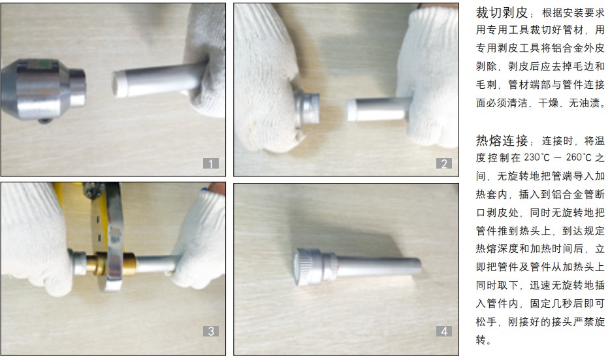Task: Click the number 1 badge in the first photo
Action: point(211,163)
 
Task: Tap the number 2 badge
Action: point(444,163)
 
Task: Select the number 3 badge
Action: point(211,331)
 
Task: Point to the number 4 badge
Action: point(444,331)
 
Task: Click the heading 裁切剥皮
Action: point(502,13)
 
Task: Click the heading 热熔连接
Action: point(502,140)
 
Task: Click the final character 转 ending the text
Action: point(481,340)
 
